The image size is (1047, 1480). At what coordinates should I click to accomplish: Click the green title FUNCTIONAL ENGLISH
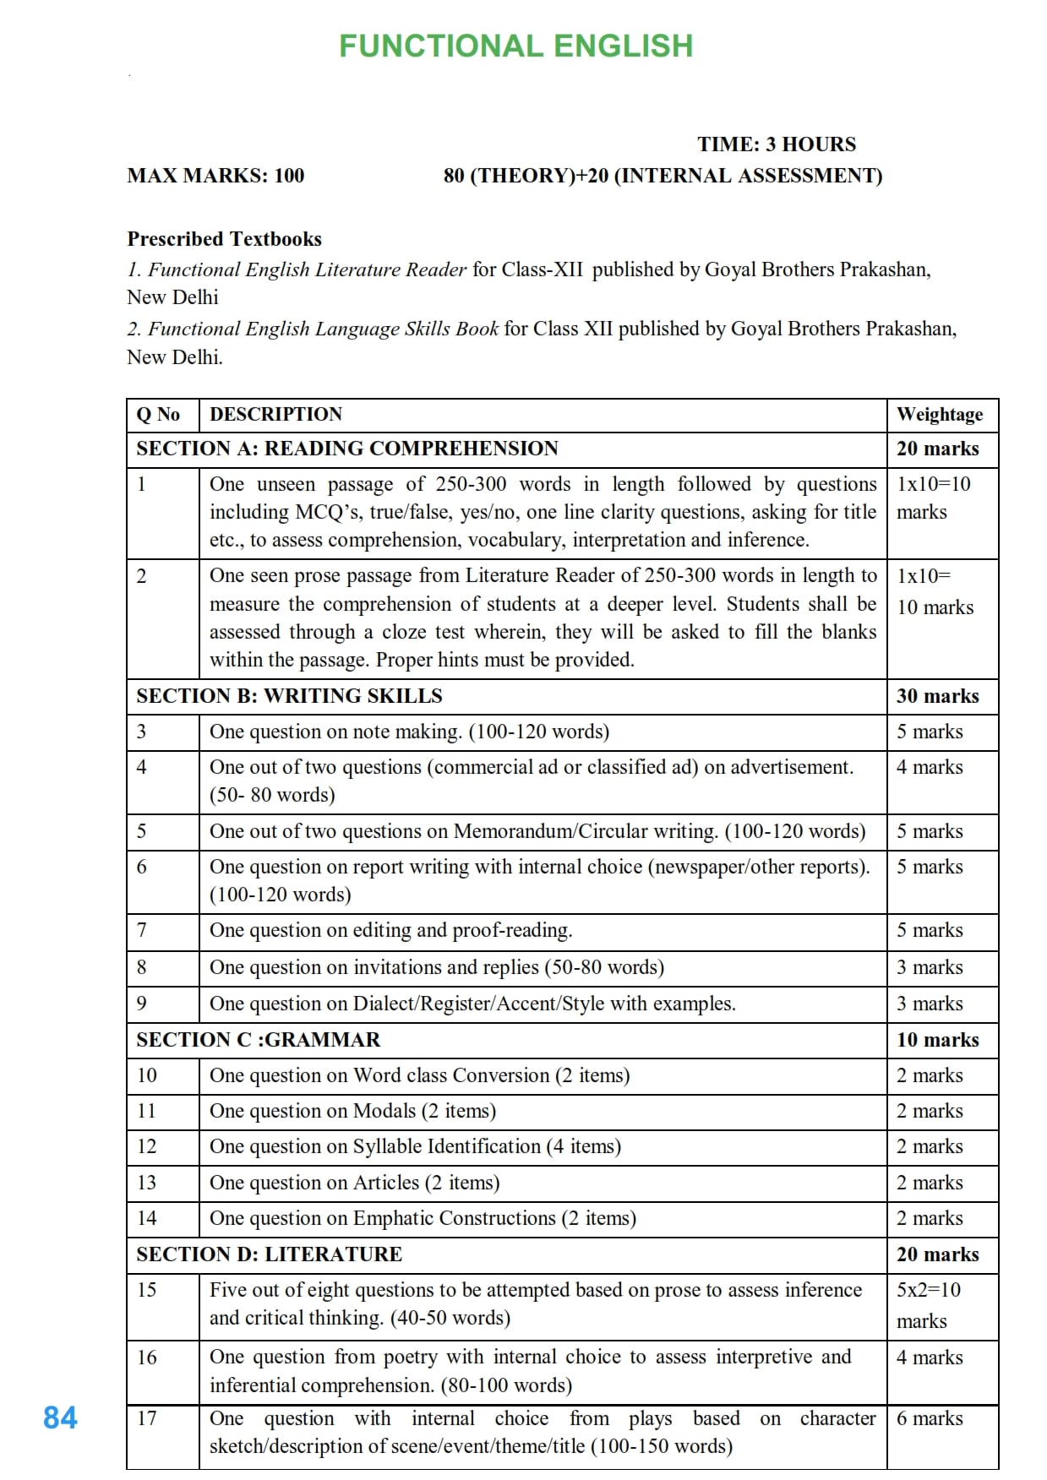[x=515, y=46]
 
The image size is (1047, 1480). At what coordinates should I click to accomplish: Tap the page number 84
[x=60, y=1417]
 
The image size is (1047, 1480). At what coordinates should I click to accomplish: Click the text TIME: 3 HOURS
[x=776, y=144]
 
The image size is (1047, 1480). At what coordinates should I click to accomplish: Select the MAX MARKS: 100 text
[x=215, y=176]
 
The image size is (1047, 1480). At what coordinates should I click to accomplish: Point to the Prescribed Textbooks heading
[x=224, y=239]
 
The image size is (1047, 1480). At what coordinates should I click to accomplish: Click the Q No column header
[x=158, y=415]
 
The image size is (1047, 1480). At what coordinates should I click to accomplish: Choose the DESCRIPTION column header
[x=275, y=415]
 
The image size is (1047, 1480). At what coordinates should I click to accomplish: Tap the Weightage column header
[x=939, y=415]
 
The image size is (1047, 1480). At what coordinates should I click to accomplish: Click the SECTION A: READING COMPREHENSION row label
[x=346, y=449]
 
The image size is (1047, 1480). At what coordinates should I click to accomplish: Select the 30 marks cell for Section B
[x=937, y=696]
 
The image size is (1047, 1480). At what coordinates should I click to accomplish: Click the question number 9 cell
[x=142, y=1004]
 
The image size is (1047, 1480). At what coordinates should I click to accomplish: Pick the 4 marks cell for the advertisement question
[x=929, y=767]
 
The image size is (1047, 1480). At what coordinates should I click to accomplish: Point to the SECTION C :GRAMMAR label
[x=258, y=1040]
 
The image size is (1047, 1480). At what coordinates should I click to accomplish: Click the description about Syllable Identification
[x=415, y=1146]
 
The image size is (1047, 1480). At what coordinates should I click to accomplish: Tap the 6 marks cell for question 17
[x=929, y=1418]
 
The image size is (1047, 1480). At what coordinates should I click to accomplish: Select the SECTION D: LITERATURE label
[x=269, y=1254]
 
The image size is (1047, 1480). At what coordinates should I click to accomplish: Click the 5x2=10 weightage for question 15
[x=928, y=1290]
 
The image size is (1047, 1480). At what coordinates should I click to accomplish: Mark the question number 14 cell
[x=146, y=1218]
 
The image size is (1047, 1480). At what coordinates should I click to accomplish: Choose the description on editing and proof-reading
[x=390, y=930]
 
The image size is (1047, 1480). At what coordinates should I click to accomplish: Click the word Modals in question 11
[x=384, y=1111]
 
